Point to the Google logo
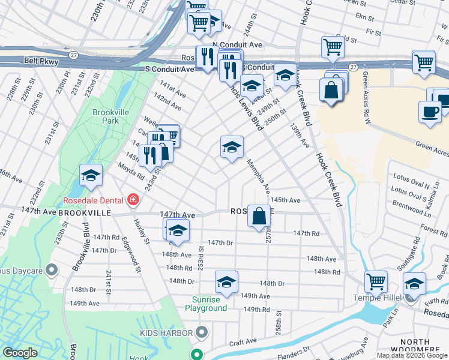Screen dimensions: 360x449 click(x=20, y=353)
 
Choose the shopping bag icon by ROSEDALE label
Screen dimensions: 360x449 click(x=259, y=215)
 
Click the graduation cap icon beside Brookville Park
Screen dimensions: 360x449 click(x=91, y=175)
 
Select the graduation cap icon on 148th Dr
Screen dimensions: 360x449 click(x=226, y=281)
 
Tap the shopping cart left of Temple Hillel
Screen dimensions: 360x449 click(x=376, y=280)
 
